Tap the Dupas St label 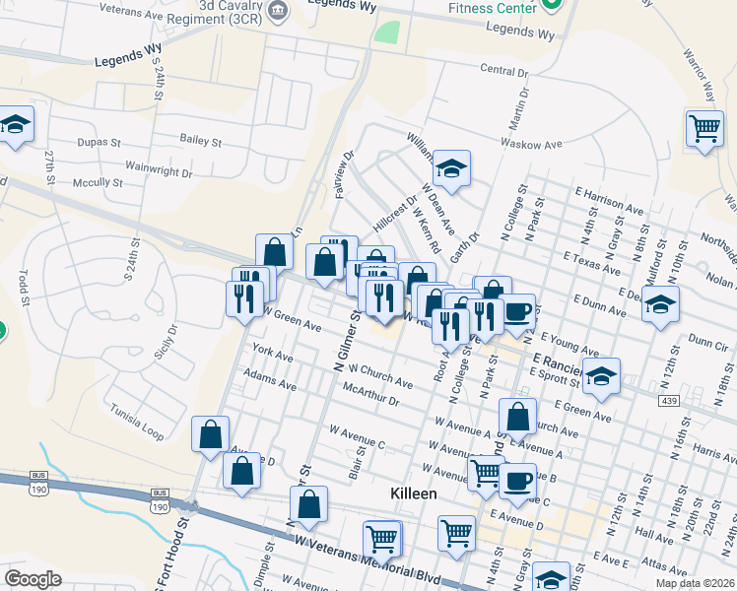(100, 142)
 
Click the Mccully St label (98, 182)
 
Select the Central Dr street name (504, 71)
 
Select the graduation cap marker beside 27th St (15, 124)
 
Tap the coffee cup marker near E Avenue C (517, 482)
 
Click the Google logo (33, 579)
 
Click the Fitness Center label (493, 8)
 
